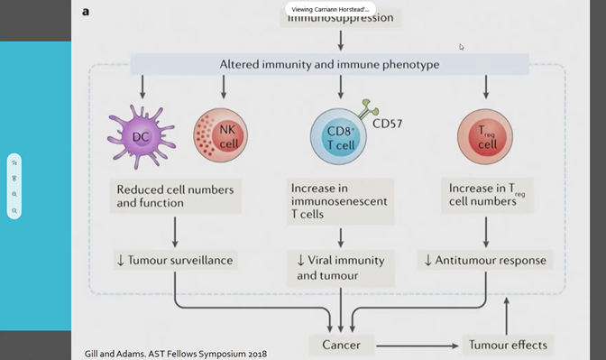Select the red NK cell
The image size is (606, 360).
[219, 136]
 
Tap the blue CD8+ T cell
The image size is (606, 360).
[340, 137]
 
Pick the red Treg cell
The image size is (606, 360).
[486, 136]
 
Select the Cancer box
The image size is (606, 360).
[341, 345]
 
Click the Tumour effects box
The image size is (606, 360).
[507, 345]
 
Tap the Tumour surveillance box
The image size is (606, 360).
[174, 260]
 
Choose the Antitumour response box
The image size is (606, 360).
[486, 260]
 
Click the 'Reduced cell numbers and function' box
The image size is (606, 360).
[174, 196]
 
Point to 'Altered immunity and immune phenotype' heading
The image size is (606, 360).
[329, 65]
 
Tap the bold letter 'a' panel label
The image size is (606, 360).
[86, 12]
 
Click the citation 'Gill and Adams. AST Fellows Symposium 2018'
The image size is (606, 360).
[175, 353]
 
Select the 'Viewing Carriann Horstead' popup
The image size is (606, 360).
[330, 9]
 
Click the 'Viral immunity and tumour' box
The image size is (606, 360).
[340, 267]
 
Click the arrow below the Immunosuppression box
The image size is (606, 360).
[340, 40]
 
